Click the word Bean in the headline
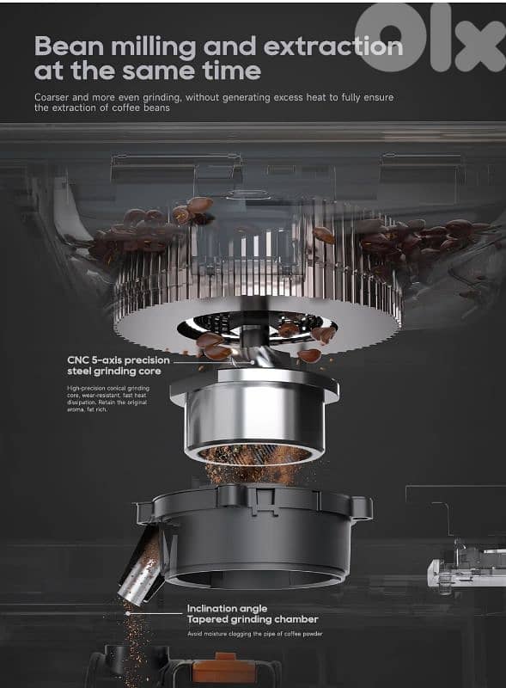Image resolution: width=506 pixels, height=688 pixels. point(69,46)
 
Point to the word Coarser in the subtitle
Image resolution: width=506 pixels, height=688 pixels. point(54,97)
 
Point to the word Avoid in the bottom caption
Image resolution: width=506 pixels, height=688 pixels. point(197,635)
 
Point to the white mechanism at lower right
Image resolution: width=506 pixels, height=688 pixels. point(464,568)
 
